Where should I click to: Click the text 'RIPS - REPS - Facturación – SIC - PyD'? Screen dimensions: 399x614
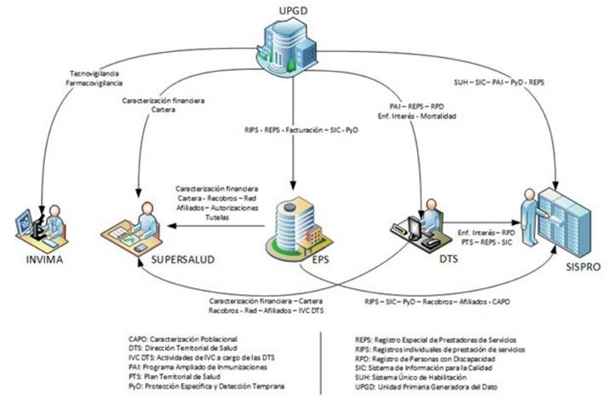tap(294, 130)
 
